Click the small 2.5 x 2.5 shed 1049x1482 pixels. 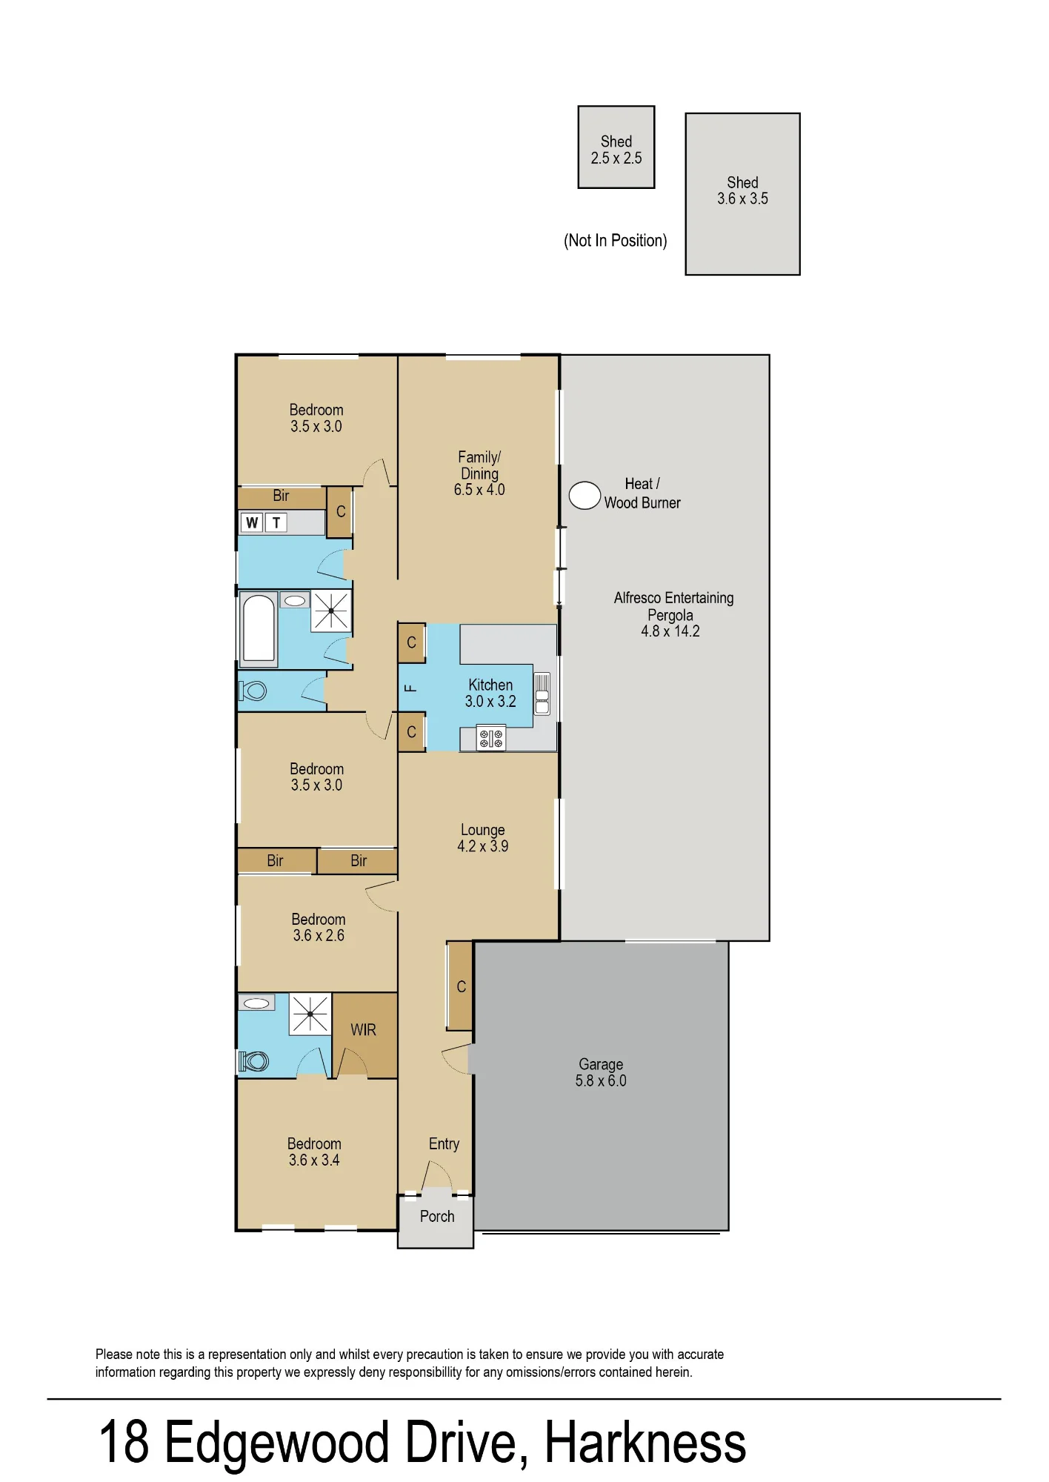pyautogui.click(x=616, y=147)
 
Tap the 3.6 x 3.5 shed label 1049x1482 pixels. pyautogui.click(x=742, y=190)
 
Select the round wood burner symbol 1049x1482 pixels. pyautogui.click(x=585, y=496)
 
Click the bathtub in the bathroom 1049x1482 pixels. pyautogui.click(x=259, y=629)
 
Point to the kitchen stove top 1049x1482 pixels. pyautogui.click(x=491, y=738)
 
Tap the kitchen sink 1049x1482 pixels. pyautogui.click(x=542, y=694)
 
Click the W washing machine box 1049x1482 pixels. pyautogui.click(x=252, y=522)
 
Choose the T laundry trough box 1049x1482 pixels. pyautogui.click(x=276, y=522)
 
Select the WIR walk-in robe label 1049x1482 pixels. pyautogui.click(x=363, y=1030)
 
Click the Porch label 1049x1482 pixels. pyautogui.click(x=437, y=1216)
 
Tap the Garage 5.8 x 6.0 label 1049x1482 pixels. pyautogui.click(x=601, y=1072)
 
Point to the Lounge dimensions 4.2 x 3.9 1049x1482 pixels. pyautogui.click(x=483, y=846)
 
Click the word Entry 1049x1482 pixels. pyautogui.click(x=444, y=1144)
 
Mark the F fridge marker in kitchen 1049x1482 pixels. pyautogui.click(x=410, y=688)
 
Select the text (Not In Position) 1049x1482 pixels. pyautogui.click(x=616, y=240)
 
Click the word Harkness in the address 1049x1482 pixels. pyautogui.click(x=645, y=1442)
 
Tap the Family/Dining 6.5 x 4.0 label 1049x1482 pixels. pyautogui.click(x=479, y=473)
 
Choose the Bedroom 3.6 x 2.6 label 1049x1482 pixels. pyautogui.click(x=319, y=927)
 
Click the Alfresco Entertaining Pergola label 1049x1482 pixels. pyautogui.click(x=673, y=614)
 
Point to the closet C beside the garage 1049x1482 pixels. pyautogui.click(x=461, y=986)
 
